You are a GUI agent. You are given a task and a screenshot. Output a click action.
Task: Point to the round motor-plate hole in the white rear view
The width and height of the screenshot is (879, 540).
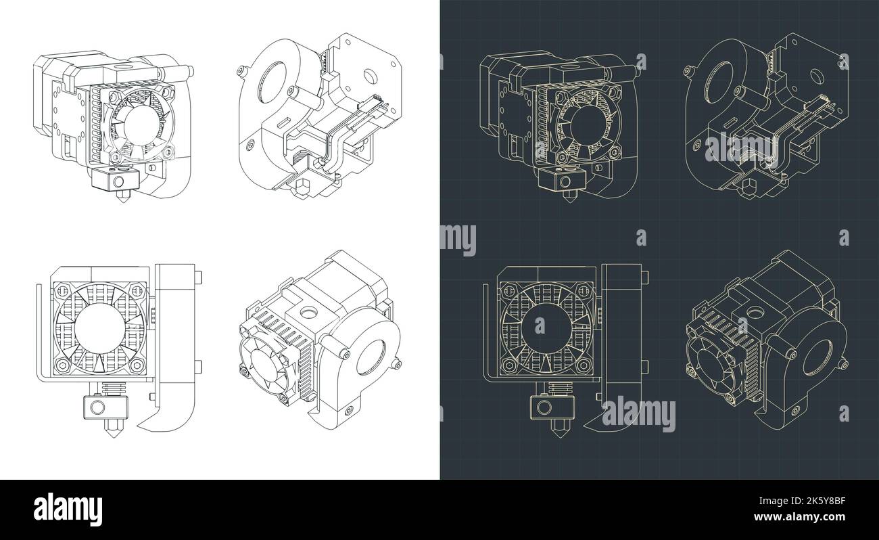(369, 72)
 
